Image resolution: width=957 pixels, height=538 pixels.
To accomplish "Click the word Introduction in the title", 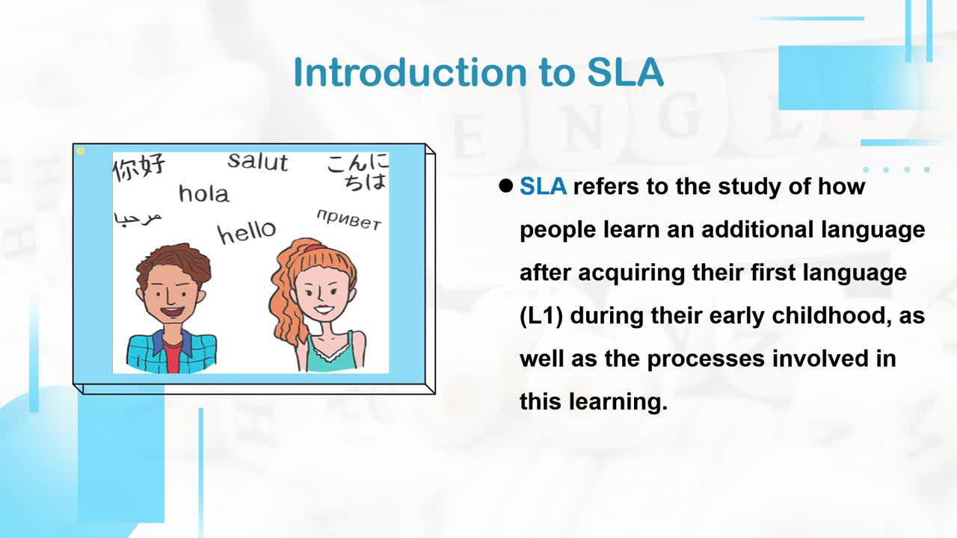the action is pos(410,72).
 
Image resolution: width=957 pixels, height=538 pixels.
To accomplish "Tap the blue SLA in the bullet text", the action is pos(543,187).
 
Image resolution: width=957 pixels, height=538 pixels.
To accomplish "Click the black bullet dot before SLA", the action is pos(506,186).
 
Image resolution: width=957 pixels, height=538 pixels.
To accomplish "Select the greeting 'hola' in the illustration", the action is pos(204,194).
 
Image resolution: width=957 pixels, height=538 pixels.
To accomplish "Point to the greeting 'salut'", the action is pos(258,162).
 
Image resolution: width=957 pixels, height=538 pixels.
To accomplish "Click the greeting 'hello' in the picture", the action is pos(247,232).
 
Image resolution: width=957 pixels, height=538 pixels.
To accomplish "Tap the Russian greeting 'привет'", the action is pos(348,220).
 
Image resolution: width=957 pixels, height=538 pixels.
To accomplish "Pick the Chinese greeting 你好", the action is pos(138,167).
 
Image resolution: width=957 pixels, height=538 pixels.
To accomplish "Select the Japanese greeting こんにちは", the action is pos(358,173).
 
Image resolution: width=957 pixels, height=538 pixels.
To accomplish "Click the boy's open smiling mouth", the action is pos(173,312).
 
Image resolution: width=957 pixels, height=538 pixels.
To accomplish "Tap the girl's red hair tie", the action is pos(315,247).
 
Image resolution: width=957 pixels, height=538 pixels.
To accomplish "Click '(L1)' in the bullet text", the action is pos(541,316).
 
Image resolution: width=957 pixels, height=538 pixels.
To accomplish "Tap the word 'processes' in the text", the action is pos(706,359).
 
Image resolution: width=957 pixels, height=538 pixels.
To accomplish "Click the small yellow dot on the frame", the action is pos(80,151).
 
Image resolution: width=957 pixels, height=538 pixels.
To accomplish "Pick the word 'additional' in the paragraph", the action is pos(757,229).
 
